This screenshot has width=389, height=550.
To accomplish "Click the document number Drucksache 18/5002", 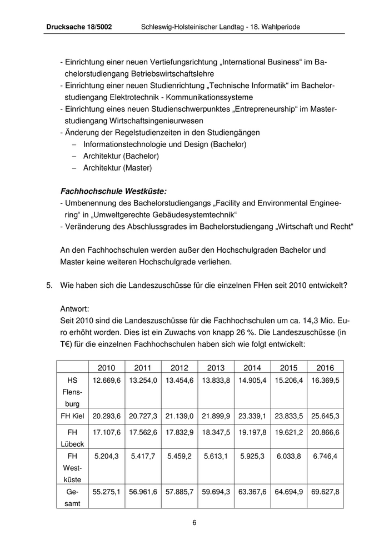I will click(79, 26).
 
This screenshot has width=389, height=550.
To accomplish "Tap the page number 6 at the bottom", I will click(194, 522).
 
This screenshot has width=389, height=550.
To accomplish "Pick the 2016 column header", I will click(325, 368).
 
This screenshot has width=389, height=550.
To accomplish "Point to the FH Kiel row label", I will click(72, 416).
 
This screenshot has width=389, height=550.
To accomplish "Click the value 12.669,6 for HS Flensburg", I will click(107, 381).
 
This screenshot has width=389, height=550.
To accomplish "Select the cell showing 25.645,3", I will click(326, 416).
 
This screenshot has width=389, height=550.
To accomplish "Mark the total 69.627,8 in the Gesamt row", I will click(326, 492).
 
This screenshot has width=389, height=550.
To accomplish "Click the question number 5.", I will click(49, 286).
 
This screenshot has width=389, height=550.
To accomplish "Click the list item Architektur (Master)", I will click(117, 167).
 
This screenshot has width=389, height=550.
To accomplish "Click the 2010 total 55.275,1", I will click(107, 492).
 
